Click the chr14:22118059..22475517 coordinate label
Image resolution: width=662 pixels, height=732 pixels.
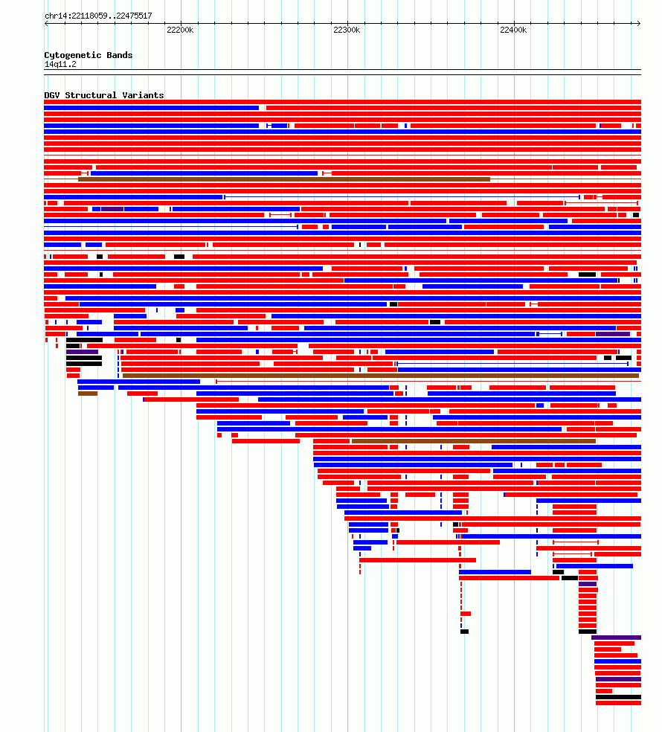tap(98, 16)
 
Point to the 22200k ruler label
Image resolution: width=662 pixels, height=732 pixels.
tap(180, 30)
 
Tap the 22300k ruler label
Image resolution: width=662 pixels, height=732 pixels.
tap(347, 30)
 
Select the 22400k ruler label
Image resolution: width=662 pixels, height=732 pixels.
tap(513, 30)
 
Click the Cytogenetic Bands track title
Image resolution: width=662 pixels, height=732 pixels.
tap(89, 55)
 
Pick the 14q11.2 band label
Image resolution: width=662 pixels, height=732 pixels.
tap(60, 65)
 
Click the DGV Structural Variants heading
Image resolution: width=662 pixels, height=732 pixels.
tap(104, 95)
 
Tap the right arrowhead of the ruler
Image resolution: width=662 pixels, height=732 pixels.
tap(639, 23)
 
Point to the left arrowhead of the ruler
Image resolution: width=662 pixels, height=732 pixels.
tap(46, 23)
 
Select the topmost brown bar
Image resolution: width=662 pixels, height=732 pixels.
tap(284, 179)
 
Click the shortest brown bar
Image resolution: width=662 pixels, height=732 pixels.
tap(88, 394)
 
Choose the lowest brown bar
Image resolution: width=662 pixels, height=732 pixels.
tap(473, 441)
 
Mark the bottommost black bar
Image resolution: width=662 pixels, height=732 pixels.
tap(618, 697)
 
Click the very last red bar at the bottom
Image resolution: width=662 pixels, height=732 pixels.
tap(618, 703)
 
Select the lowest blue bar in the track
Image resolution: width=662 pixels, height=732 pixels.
tap(617, 661)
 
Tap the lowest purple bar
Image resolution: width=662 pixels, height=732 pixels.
tap(618, 679)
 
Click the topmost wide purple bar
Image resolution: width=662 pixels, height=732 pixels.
tap(112, 209)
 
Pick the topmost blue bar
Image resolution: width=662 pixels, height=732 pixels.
tap(151, 108)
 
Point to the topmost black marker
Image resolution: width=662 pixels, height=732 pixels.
tap(636, 215)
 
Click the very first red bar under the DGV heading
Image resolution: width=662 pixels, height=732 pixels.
tap(343, 102)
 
